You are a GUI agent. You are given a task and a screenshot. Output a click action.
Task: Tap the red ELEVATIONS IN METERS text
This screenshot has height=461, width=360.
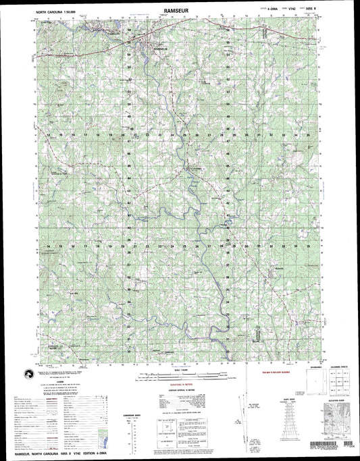pos(179,383)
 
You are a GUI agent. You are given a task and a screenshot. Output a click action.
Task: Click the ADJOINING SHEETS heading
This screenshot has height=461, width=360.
pos(332,367)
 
